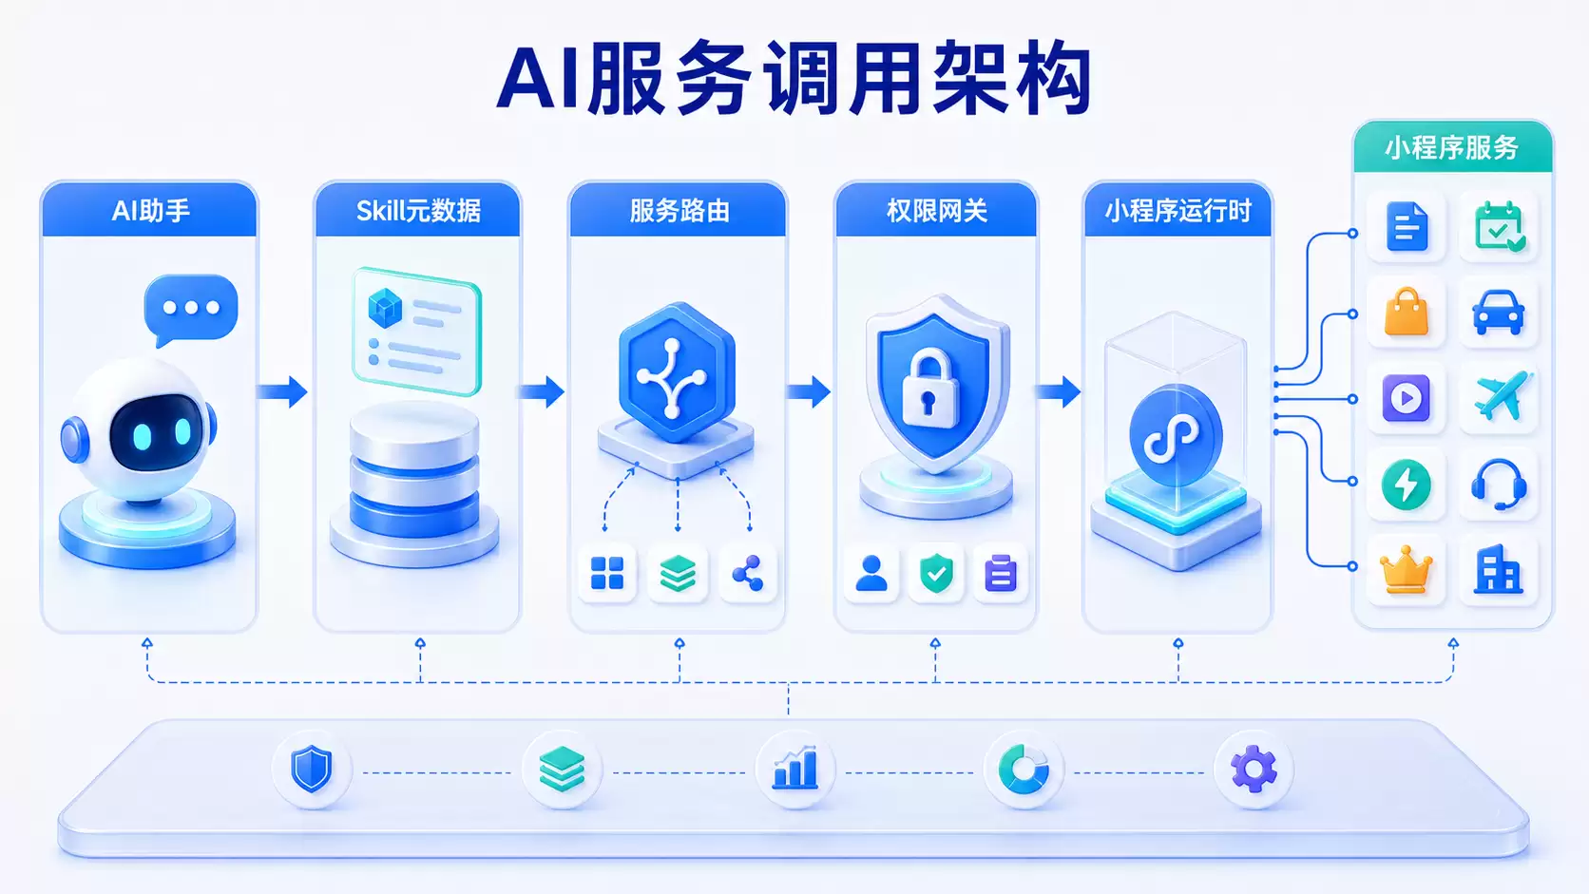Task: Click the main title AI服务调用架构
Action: pyautogui.click(x=794, y=77)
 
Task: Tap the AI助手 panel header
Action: pyautogui.click(x=149, y=211)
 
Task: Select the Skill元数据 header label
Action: pyautogui.click(x=418, y=211)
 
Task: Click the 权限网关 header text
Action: pyautogui.click(x=937, y=211)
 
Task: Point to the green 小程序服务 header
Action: pyautogui.click(x=1453, y=146)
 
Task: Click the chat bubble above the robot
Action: pyautogui.click(x=191, y=310)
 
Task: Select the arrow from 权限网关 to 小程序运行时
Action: pyautogui.click(x=1058, y=391)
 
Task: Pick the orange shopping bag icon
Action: pyautogui.click(x=1406, y=312)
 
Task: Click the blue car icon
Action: pyautogui.click(x=1498, y=312)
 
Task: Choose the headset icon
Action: pyautogui.click(x=1499, y=485)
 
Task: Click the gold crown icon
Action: pyautogui.click(x=1406, y=570)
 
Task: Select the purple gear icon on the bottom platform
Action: pyautogui.click(x=1254, y=769)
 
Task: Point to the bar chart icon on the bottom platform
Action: pyautogui.click(x=795, y=767)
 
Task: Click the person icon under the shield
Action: pyautogui.click(x=871, y=573)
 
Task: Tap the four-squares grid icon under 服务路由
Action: pyautogui.click(x=607, y=573)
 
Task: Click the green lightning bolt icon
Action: pyautogui.click(x=1406, y=485)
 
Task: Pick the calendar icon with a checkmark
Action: pyautogui.click(x=1499, y=227)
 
